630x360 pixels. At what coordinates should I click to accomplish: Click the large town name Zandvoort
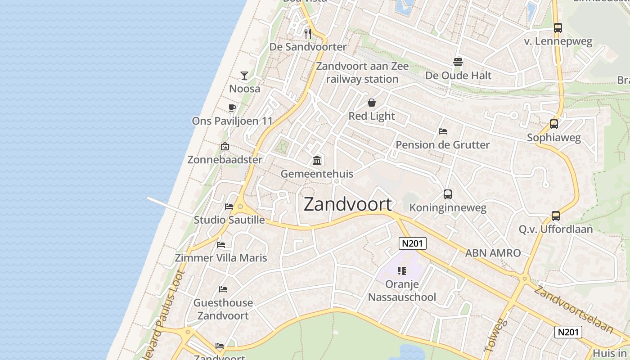(348, 204)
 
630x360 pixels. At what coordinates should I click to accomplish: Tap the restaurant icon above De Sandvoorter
(308, 33)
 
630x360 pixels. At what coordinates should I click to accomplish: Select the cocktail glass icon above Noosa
(244, 75)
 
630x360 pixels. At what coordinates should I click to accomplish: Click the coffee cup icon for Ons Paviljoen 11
(232, 108)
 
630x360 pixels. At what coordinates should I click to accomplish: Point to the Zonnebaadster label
(225, 160)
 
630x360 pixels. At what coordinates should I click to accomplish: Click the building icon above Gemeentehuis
(317, 160)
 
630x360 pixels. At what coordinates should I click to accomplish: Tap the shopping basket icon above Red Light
(372, 103)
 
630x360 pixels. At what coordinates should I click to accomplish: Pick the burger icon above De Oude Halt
(458, 62)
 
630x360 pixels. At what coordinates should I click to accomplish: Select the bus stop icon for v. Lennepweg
(558, 28)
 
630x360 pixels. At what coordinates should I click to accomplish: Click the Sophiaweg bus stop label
(554, 138)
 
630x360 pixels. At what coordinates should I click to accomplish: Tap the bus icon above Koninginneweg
(448, 194)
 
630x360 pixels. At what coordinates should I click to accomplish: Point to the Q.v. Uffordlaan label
(556, 229)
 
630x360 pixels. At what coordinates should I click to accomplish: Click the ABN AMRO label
(493, 253)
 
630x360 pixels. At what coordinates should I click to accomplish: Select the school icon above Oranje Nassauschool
(402, 271)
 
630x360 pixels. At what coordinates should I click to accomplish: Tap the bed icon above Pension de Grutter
(443, 131)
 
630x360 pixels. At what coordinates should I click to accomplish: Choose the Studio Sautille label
(229, 220)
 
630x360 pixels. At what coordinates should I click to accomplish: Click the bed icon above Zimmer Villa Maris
(221, 245)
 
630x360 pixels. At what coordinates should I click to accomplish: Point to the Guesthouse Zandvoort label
(223, 309)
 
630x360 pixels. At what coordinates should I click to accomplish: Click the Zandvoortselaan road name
(573, 310)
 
